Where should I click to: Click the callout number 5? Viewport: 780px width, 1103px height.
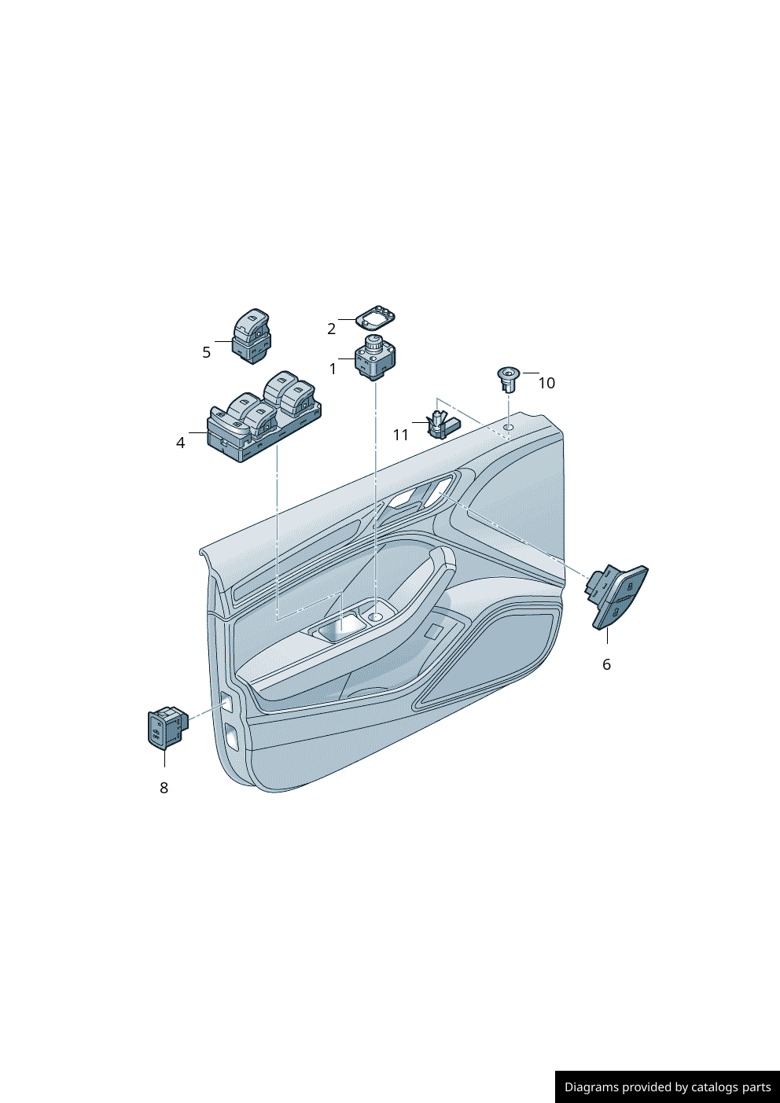click(206, 352)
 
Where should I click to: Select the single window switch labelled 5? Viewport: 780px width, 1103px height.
click(252, 336)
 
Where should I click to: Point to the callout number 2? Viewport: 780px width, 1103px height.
click(331, 329)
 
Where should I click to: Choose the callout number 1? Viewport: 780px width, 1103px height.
click(333, 369)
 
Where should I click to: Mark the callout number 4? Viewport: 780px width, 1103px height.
click(181, 443)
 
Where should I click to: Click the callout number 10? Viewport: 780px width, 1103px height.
click(546, 383)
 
